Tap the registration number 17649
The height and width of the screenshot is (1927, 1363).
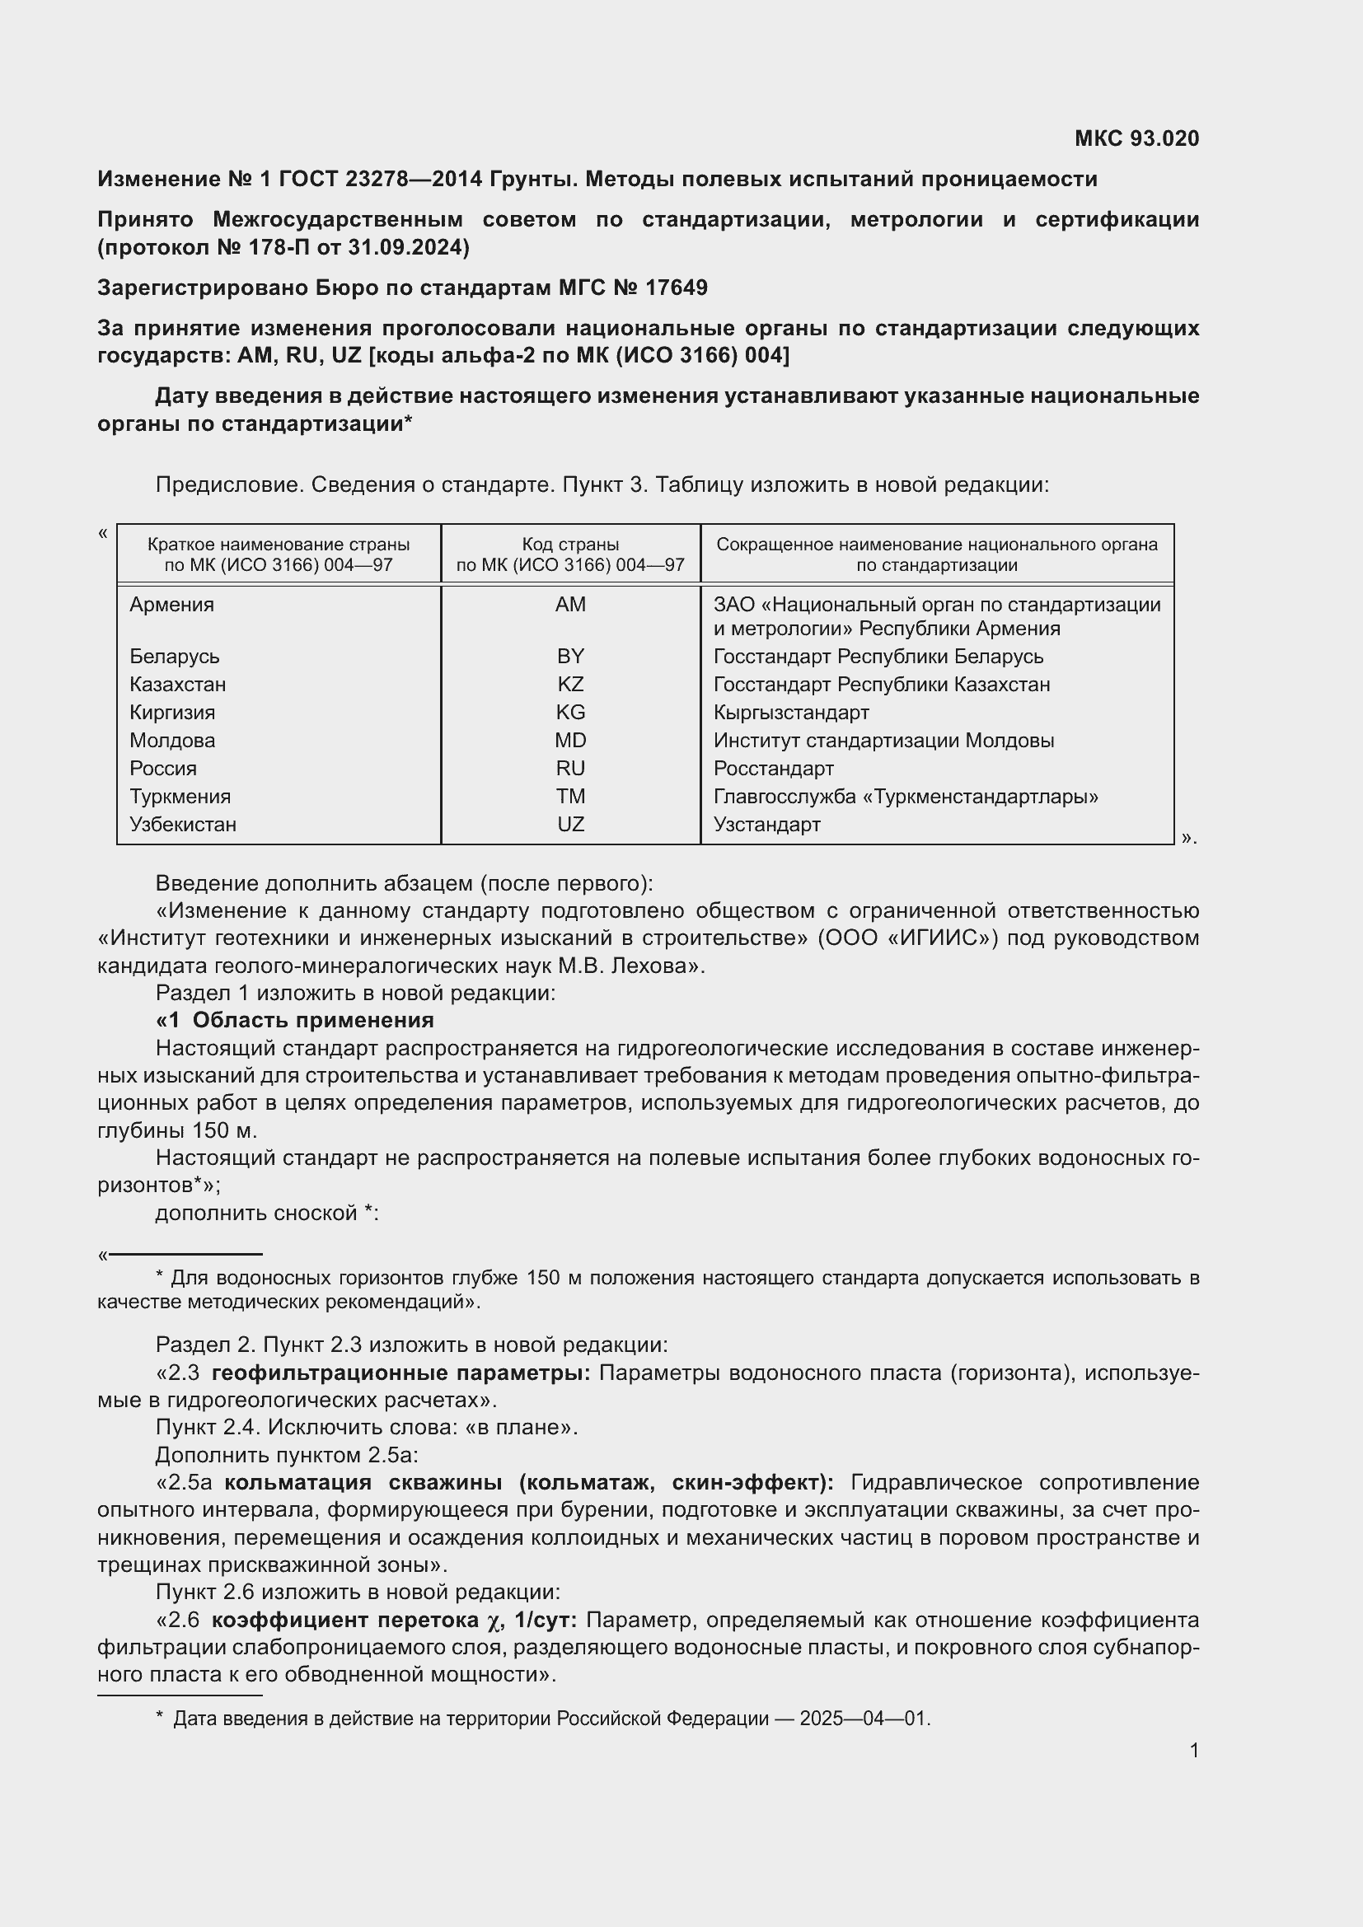tap(677, 288)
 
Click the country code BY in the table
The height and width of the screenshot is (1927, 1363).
tap(570, 657)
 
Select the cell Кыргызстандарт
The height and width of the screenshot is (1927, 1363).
tap(790, 713)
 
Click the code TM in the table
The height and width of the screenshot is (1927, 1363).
tap(570, 797)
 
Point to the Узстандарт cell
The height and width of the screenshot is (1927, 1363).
tap(766, 824)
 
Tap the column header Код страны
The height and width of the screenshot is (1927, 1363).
tap(570, 544)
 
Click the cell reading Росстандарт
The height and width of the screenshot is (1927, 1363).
tap(773, 769)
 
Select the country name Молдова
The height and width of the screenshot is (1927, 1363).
tap(172, 741)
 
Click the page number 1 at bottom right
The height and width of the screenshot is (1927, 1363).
tap(1193, 1750)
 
